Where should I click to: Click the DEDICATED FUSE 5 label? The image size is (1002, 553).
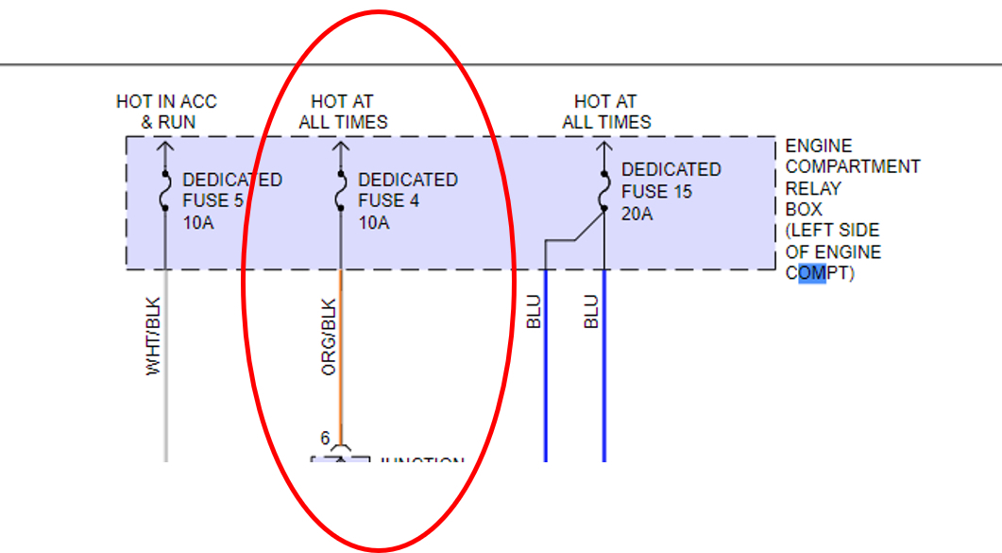click(231, 190)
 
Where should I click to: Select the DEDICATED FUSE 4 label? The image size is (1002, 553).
click(407, 190)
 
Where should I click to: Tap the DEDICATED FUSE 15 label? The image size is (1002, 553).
click(670, 181)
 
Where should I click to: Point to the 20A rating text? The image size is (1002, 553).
click(637, 214)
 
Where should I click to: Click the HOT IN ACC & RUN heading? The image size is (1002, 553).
click(166, 111)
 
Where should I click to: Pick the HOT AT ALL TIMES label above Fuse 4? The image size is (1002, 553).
click(343, 111)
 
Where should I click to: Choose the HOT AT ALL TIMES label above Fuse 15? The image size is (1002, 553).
click(606, 111)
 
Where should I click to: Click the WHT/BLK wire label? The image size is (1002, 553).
click(153, 338)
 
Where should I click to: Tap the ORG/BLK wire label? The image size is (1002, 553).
click(329, 338)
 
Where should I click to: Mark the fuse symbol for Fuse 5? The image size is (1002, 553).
click(165, 190)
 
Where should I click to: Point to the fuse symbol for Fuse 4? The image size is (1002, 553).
click(341, 190)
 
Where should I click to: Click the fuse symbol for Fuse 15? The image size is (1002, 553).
click(604, 188)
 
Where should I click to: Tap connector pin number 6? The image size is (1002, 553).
click(325, 439)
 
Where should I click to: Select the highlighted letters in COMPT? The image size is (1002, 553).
click(811, 273)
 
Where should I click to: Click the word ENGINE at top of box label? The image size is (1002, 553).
click(818, 147)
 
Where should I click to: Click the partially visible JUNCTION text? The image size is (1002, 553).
click(421, 461)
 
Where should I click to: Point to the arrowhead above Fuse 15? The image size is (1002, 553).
click(604, 147)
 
